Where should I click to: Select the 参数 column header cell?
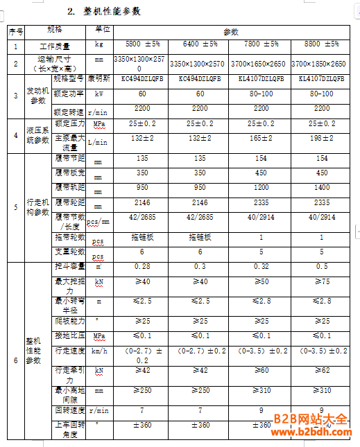click(x=231, y=32)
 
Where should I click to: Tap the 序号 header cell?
click(x=15, y=32)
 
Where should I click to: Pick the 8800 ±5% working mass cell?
click(x=322, y=45)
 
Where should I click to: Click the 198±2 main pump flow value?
click(x=322, y=139)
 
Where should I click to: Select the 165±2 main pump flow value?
click(x=261, y=139)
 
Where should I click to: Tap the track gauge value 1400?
click(x=322, y=187)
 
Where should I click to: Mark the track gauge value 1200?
click(x=261, y=187)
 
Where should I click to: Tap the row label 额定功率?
click(x=69, y=92)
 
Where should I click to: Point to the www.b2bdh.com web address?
click(x=314, y=435)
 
